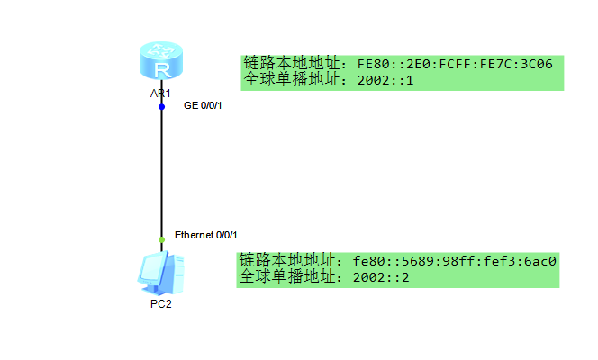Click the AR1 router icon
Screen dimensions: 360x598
coord(161,63)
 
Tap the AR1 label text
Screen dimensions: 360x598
coord(161,94)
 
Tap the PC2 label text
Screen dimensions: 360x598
coord(161,304)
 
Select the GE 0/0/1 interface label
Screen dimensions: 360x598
coord(203,106)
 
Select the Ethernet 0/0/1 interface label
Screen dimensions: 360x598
coord(205,235)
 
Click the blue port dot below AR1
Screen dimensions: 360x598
coord(162,106)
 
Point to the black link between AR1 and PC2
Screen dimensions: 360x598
coord(162,171)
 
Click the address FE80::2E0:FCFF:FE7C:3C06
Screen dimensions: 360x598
coord(455,64)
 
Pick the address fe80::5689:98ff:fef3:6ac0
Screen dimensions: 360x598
coord(455,261)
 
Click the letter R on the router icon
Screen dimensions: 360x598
coord(161,70)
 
